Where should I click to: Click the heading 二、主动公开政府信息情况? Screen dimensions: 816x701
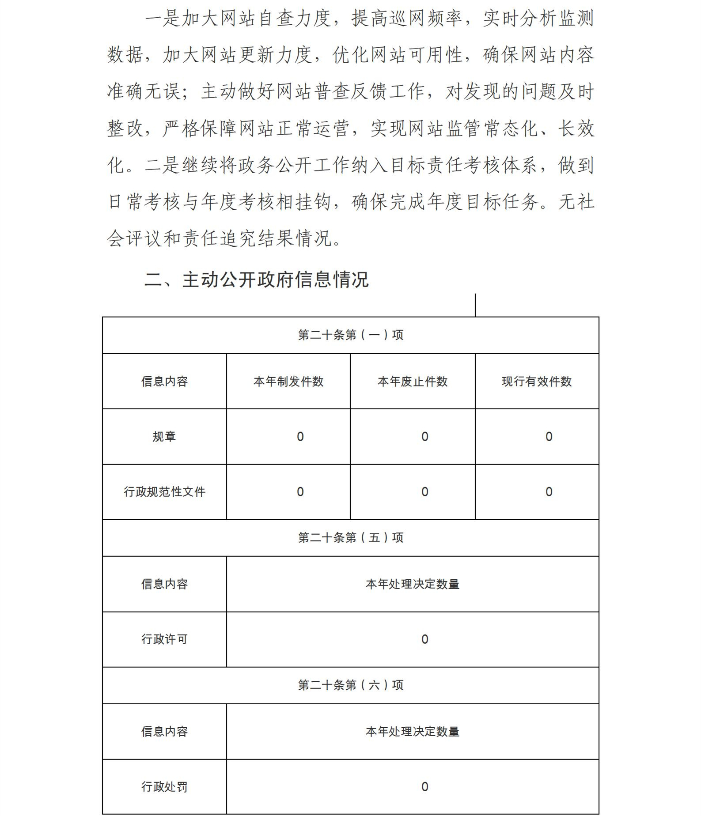point(256,280)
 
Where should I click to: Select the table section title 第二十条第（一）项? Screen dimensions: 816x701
point(350,335)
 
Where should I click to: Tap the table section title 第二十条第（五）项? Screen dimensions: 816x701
point(350,538)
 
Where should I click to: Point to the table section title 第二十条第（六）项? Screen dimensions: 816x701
point(350,685)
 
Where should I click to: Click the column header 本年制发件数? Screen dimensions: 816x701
point(288,382)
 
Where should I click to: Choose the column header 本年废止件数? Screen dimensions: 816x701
point(413,382)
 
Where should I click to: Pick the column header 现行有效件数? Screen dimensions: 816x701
point(537,382)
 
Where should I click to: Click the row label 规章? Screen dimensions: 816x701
point(164,437)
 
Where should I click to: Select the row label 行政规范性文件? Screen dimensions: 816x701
point(164,492)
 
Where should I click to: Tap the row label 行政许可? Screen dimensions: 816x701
point(164,639)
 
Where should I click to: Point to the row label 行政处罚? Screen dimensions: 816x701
point(164,786)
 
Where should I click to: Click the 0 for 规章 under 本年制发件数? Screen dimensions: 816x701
point(300,437)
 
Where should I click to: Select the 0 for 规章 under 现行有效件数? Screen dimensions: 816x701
point(549,437)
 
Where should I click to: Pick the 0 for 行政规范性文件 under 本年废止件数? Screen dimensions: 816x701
point(425,492)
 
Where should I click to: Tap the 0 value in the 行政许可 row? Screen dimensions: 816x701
point(425,639)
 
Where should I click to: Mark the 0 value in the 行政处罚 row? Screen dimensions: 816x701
point(425,786)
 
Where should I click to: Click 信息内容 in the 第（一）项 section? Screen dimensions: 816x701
point(164,382)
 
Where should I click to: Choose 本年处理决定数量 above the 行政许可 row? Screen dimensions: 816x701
point(413,584)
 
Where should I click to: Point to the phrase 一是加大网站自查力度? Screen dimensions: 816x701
point(239,19)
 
